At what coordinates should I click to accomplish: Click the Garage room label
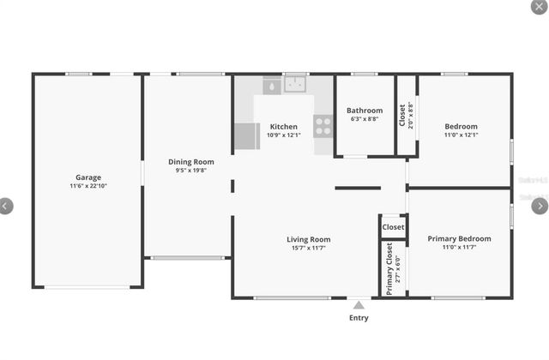pyautogui.click(x=88, y=177)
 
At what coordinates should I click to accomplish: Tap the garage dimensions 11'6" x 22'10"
pyautogui.click(x=88, y=186)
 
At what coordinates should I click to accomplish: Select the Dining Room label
pyautogui.click(x=190, y=161)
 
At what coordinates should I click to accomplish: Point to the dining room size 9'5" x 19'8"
pyautogui.click(x=190, y=170)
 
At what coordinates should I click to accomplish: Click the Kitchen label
pyautogui.click(x=283, y=127)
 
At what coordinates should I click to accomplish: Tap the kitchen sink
pyautogui.click(x=296, y=85)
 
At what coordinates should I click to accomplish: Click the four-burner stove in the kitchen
pyautogui.click(x=323, y=126)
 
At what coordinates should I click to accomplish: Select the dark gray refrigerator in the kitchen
pyautogui.click(x=247, y=136)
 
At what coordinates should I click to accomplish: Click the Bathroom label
pyautogui.click(x=365, y=111)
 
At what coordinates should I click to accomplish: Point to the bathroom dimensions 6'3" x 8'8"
pyautogui.click(x=365, y=119)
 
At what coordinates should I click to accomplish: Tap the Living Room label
pyautogui.click(x=308, y=239)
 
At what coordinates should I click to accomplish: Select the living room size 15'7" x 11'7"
pyautogui.click(x=308, y=248)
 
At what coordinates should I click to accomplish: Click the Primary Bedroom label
pyautogui.click(x=459, y=238)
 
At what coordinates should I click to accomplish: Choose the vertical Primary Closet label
pyautogui.click(x=389, y=268)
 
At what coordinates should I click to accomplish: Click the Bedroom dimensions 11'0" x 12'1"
pyautogui.click(x=461, y=135)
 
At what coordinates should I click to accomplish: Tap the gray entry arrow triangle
pyautogui.click(x=359, y=304)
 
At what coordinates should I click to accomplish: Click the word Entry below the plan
pyautogui.click(x=359, y=318)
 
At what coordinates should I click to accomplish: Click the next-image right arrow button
pyautogui.click(x=540, y=206)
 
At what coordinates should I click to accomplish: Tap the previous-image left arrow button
pyautogui.click(x=6, y=206)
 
